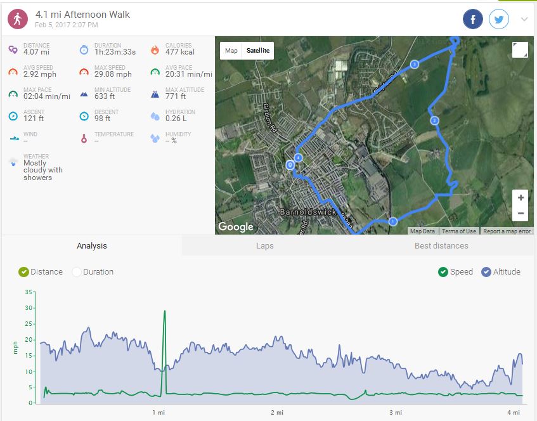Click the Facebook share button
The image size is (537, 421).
pyautogui.click(x=473, y=19)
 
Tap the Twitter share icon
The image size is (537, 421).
pyautogui.click(x=500, y=19)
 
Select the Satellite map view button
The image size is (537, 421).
pyautogui.click(x=257, y=51)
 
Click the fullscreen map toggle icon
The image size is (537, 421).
pyautogui.click(x=520, y=50)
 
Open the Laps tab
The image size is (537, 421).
pyautogui.click(x=265, y=245)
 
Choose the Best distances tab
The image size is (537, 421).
pyautogui.click(x=441, y=245)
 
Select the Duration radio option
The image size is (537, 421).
pyautogui.click(x=77, y=272)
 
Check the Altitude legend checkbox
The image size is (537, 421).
pyautogui.click(x=486, y=272)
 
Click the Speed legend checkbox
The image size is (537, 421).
pyautogui.click(x=443, y=272)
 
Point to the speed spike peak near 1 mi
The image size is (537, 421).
pyautogui.click(x=165, y=311)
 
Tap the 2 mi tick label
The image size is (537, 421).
pyautogui.click(x=277, y=413)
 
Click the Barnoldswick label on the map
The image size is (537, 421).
pyautogui.click(x=307, y=212)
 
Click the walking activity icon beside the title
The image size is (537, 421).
pyautogui.click(x=18, y=19)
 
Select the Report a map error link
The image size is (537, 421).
pyautogui.click(x=507, y=231)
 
